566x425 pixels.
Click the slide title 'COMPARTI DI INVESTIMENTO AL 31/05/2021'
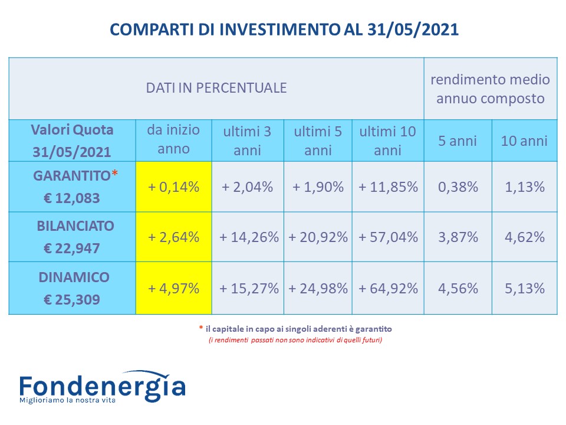tap(284, 30)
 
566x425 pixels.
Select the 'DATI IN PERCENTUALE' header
tap(216, 88)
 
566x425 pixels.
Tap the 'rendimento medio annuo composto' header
tap(490, 89)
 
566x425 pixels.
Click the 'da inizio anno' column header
tap(173, 139)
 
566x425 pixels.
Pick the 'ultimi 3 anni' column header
tap(247, 140)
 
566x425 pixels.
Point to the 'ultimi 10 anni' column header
tap(388, 140)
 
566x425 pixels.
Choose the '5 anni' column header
tap(458, 140)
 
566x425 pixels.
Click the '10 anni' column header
tap(524, 140)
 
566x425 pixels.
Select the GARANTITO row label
tap(71, 176)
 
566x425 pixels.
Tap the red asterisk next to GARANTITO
tap(114, 173)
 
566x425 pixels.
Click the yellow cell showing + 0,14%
tap(173, 187)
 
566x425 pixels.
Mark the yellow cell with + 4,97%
tap(173, 288)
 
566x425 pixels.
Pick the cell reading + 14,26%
tap(249, 237)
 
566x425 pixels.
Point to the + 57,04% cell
tap(388, 237)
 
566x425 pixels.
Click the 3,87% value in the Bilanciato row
tap(458, 237)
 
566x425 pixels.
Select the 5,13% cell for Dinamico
tap(525, 288)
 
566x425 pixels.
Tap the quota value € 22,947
tap(71, 249)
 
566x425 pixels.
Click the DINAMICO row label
tap(74, 277)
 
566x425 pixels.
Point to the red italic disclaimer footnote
tap(295, 340)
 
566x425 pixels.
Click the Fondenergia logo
tap(103, 387)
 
